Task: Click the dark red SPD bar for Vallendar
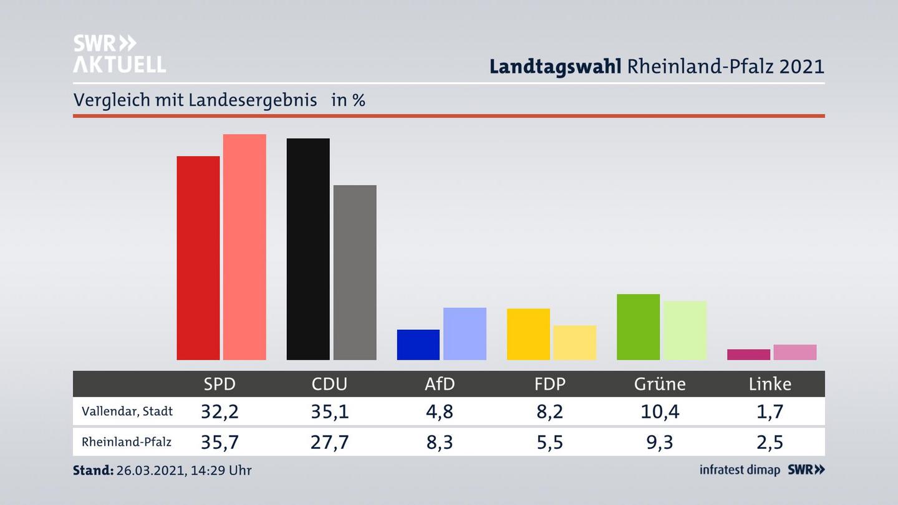[198, 258]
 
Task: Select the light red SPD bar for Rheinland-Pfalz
[244, 247]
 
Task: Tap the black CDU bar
[308, 249]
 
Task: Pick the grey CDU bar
[355, 272]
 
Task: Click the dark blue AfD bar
[418, 345]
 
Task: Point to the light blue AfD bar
[465, 334]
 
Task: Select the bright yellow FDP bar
[528, 334]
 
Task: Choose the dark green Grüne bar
[638, 327]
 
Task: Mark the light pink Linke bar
[795, 352]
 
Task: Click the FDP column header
[550, 384]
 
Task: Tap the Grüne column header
[660, 384]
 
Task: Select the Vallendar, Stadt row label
[127, 411]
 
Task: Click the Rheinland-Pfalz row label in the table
[127, 442]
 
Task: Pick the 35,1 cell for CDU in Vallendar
[329, 411]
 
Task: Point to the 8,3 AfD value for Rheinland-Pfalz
[440, 442]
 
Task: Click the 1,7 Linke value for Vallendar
[770, 411]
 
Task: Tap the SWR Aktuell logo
[119, 54]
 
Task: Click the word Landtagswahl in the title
[555, 66]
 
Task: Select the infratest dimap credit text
[740, 470]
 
